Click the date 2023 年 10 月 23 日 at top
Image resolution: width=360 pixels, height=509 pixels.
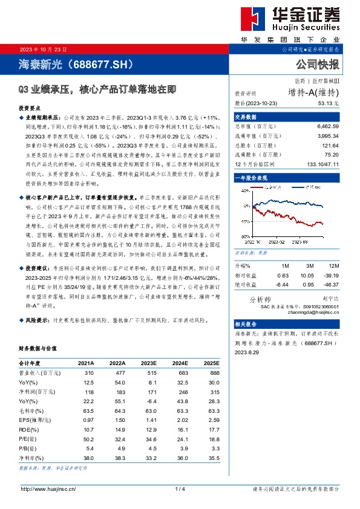[44, 48]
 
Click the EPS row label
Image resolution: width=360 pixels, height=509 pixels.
[32, 419]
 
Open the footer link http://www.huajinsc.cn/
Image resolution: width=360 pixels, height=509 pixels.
[49, 488]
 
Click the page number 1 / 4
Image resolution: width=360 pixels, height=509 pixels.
[179, 488]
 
